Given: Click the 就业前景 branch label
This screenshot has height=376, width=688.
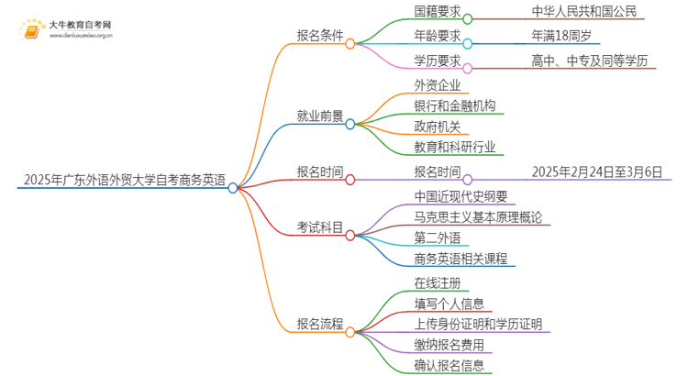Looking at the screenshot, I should (x=320, y=116).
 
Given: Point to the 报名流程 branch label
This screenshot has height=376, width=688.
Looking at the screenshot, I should (x=320, y=323).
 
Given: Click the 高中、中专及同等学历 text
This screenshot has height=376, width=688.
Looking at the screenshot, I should (x=602, y=61).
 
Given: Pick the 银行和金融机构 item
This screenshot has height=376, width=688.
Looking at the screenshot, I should (x=455, y=106).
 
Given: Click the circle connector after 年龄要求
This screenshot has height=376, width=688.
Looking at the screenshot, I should (x=468, y=43).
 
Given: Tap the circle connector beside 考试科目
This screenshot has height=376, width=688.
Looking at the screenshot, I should (x=350, y=234).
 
